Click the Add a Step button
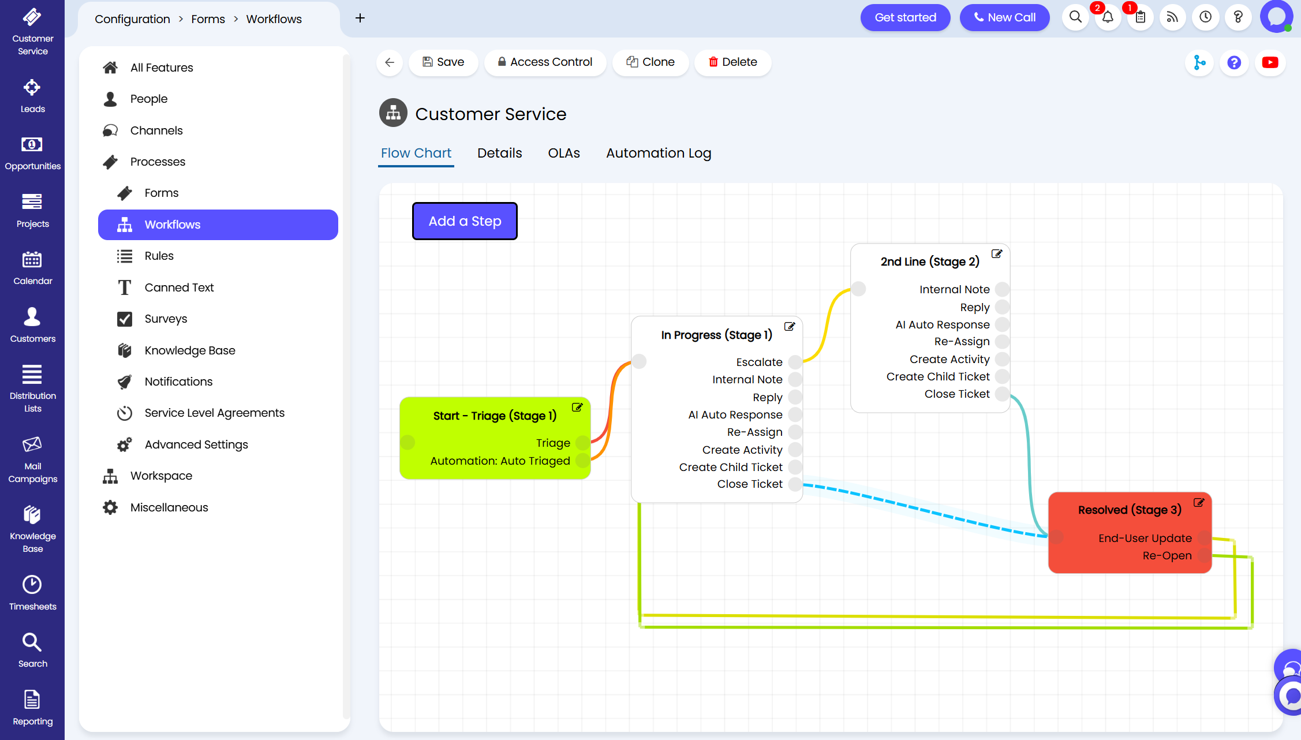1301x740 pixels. click(465, 221)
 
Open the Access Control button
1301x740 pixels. click(545, 62)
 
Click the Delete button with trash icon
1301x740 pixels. click(732, 62)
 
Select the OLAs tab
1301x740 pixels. click(564, 153)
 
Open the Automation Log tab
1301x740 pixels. click(659, 153)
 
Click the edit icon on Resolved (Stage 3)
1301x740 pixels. click(1199, 502)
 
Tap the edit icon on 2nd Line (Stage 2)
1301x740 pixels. click(997, 253)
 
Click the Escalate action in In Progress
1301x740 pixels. click(759, 362)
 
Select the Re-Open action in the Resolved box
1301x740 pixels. click(1167, 555)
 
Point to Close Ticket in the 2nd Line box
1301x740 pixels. click(957, 394)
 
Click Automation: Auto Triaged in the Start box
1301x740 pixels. click(500, 461)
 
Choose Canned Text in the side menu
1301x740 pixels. click(179, 287)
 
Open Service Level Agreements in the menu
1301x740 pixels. click(214, 413)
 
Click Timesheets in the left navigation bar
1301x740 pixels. click(32, 593)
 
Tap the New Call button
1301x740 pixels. click(1004, 17)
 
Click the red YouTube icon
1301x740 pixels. click(1270, 62)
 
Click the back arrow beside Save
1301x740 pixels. click(390, 62)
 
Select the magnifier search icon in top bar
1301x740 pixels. click(1075, 17)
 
